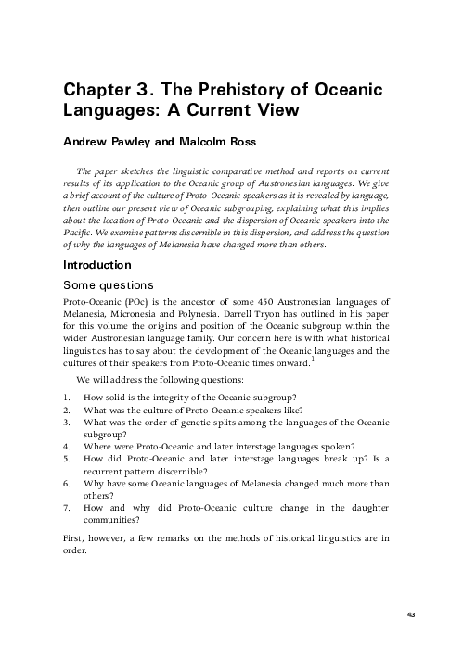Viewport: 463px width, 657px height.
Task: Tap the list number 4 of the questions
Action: pos(65,444)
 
